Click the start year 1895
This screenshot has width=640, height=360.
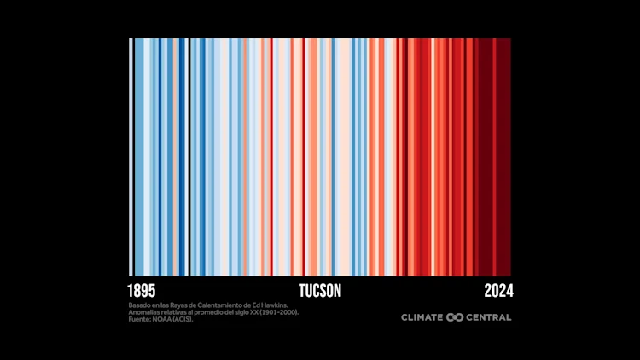coord(142,291)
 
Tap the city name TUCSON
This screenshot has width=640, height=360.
coord(320,291)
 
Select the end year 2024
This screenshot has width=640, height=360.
coord(497,291)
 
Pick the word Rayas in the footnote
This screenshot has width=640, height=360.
coord(186,305)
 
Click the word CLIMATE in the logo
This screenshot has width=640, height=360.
coord(422,317)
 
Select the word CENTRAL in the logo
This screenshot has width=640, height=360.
coord(489,317)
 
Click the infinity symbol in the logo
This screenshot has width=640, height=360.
coord(455,317)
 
